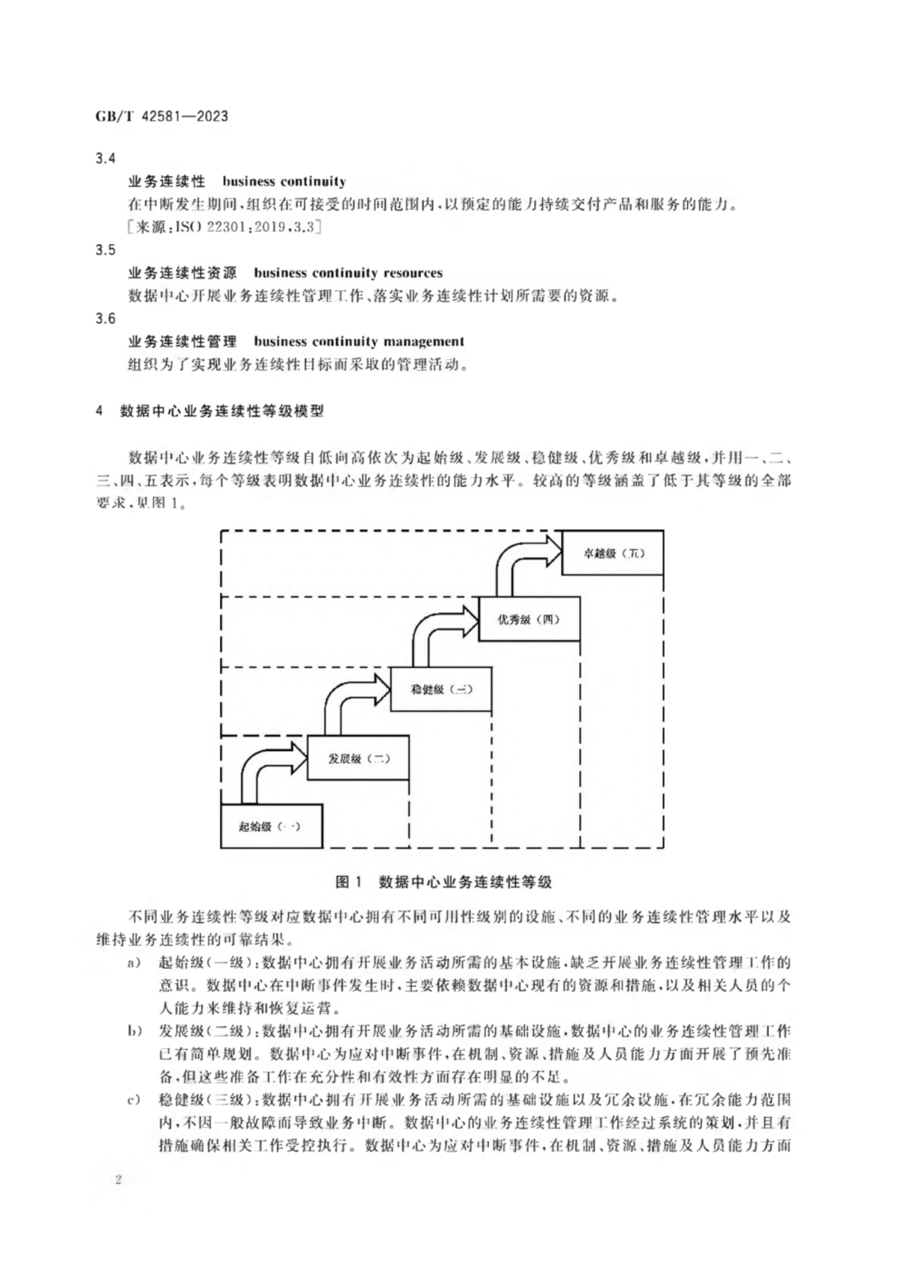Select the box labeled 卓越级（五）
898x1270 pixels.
[613, 553]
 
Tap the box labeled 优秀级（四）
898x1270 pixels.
[529, 619]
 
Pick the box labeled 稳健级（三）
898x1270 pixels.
[441, 689]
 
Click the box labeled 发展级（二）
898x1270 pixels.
[358, 758]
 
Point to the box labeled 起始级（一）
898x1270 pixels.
[271, 826]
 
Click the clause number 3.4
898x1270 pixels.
[105, 159]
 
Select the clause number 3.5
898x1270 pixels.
[105, 250]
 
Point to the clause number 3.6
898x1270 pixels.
[105, 319]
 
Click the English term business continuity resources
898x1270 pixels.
[348, 273]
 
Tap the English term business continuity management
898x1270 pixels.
[358, 342]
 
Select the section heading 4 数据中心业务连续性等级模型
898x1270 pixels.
[210, 411]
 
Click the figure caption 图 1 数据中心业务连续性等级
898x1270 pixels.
[443, 882]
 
